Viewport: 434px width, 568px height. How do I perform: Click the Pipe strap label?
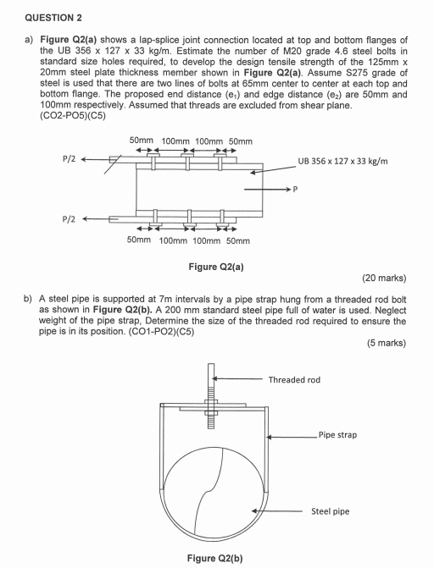337,435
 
